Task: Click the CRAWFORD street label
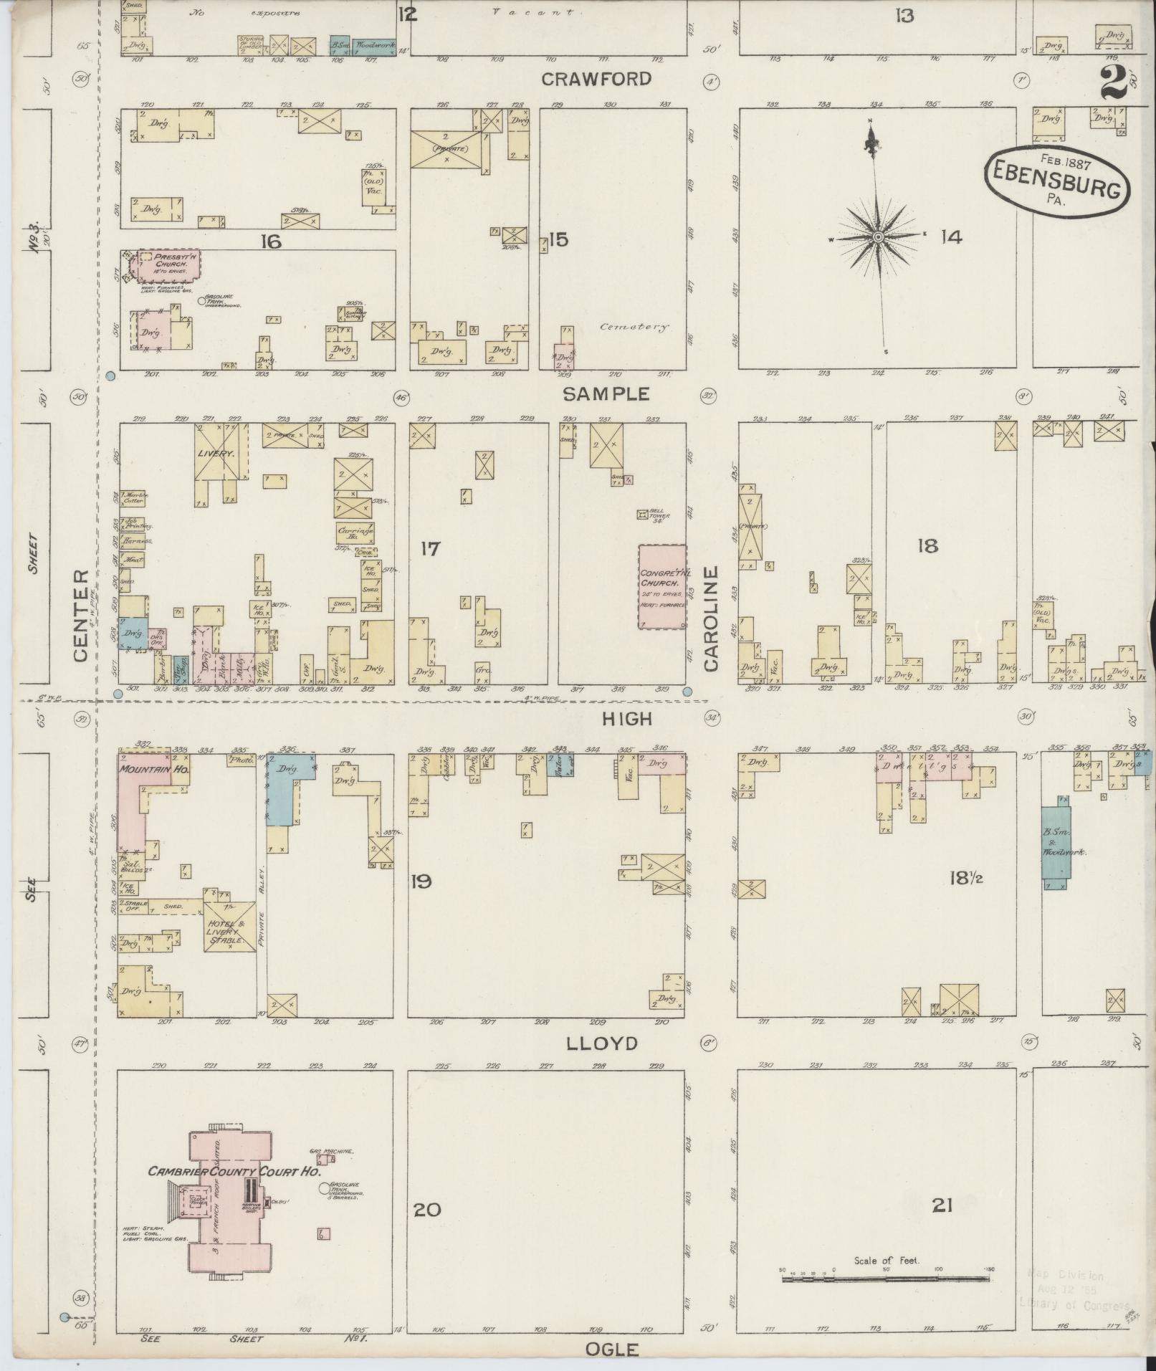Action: tap(596, 79)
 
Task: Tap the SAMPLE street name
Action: tap(606, 393)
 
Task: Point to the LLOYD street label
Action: tap(601, 1043)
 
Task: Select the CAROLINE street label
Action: tap(711, 618)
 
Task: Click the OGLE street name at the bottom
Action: tap(611, 1350)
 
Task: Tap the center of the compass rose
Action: tap(877, 237)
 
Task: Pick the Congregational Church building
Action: tap(662, 586)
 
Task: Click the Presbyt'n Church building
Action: tap(164, 267)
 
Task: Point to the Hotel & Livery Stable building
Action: tap(230, 926)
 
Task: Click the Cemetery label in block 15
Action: tap(634, 327)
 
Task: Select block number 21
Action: tap(942, 1206)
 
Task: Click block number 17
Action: tap(430, 550)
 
